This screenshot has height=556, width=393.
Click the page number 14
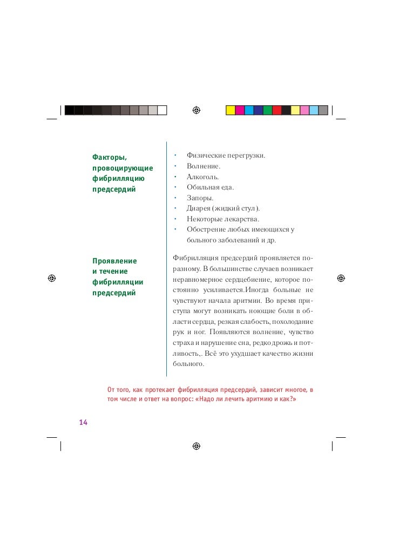(83, 422)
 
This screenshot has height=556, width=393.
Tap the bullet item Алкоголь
(202, 177)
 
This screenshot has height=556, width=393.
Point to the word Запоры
(200, 198)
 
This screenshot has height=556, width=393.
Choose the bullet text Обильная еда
(210, 187)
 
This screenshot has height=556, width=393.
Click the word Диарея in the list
(198, 208)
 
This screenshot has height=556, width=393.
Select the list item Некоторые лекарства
(223, 219)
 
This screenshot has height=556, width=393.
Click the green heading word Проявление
(114, 261)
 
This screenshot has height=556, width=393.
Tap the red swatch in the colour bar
(276, 110)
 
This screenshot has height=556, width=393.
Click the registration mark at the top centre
(196, 110)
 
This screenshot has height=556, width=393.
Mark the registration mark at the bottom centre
(196, 447)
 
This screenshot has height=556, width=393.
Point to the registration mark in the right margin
(341, 279)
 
